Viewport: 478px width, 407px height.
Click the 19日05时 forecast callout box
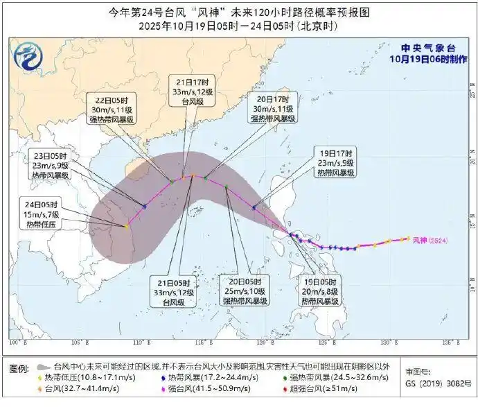pos(319,291)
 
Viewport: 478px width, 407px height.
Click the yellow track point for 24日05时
pos(126,226)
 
